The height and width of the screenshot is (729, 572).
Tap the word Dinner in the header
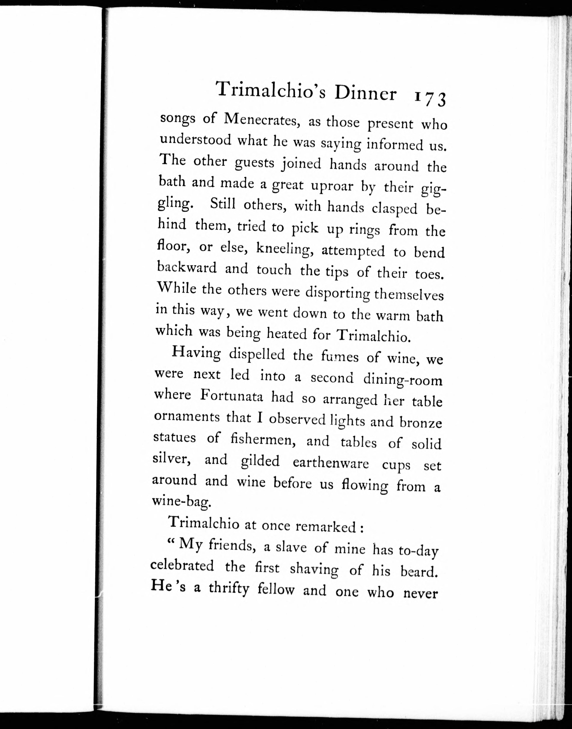(365, 94)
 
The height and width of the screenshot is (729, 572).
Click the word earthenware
(331, 463)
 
